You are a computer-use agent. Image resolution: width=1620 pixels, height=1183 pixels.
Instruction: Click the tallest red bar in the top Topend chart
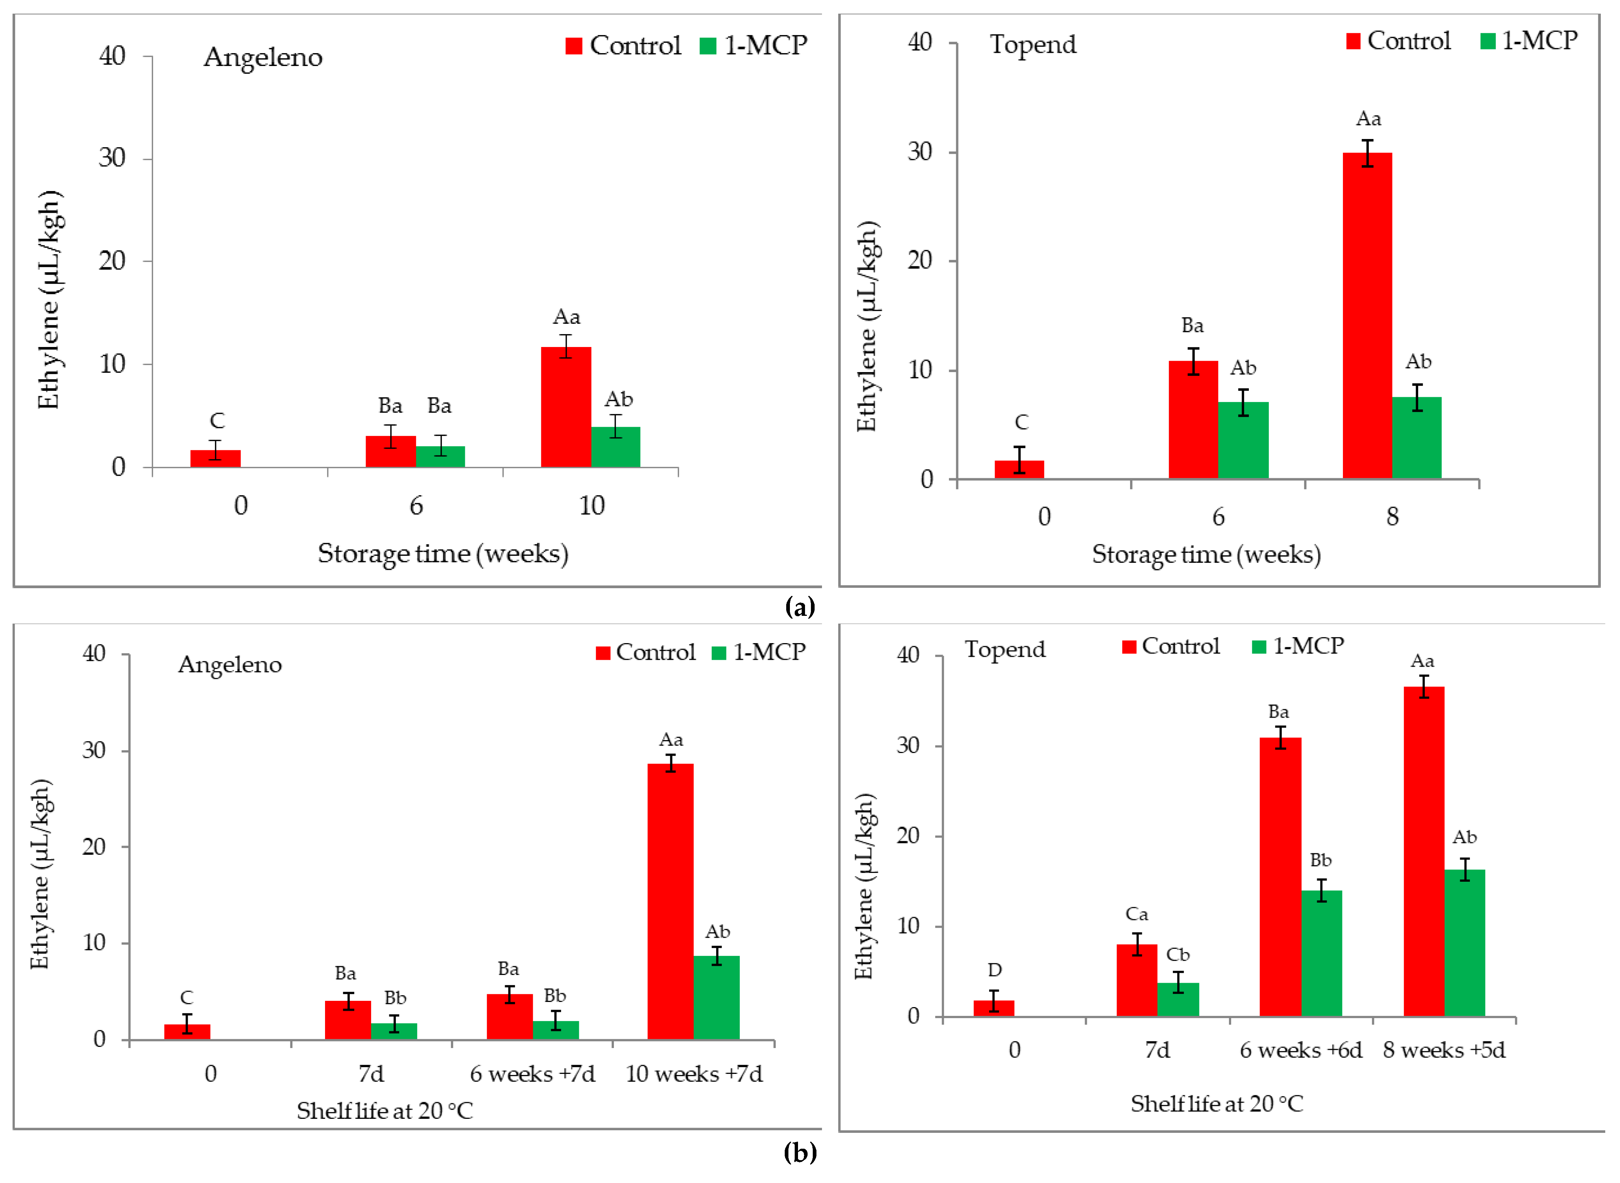coord(1367,315)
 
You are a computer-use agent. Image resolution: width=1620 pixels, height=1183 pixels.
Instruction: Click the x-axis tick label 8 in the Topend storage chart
coord(1391,516)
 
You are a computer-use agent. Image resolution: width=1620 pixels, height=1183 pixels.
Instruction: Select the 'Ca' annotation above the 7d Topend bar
coord(1136,915)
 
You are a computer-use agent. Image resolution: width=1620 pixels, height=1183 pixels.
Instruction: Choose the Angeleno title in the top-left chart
coord(263,57)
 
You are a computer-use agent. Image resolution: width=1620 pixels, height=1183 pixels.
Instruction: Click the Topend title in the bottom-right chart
coord(1005,649)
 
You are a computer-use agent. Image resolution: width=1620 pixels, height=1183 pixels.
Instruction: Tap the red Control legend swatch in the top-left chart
coord(573,46)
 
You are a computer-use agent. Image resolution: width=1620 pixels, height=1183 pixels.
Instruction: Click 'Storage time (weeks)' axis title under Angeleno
coord(443,554)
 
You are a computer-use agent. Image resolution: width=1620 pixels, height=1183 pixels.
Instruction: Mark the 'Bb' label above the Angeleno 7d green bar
coord(395,998)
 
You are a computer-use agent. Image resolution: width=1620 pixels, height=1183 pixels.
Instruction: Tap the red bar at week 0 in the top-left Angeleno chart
coord(215,458)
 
